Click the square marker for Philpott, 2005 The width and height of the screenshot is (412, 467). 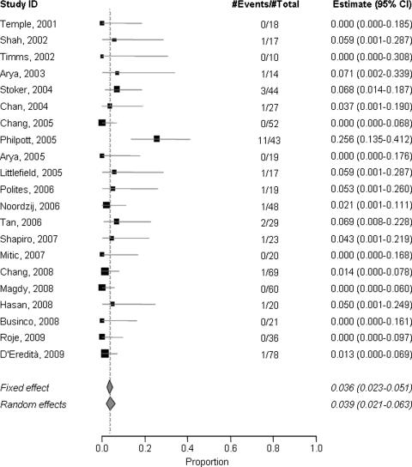(x=157, y=138)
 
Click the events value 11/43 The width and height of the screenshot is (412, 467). (x=257, y=138)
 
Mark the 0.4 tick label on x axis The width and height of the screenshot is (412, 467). (x=188, y=448)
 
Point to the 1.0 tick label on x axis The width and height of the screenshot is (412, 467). (x=316, y=448)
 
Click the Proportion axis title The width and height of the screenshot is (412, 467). (x=209, y=460)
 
